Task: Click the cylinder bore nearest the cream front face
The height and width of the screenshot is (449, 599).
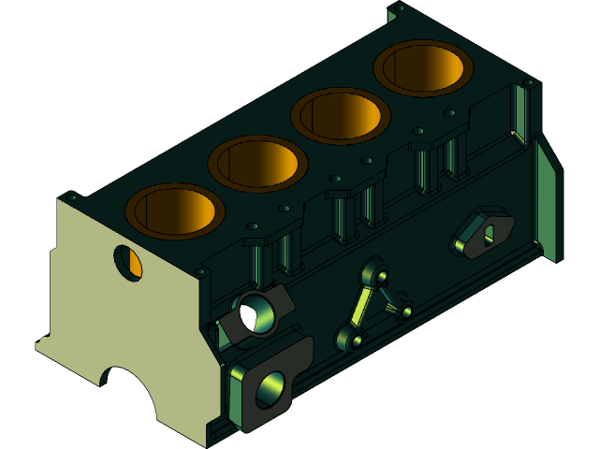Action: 174,210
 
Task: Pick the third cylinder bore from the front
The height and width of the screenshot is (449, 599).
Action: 341,115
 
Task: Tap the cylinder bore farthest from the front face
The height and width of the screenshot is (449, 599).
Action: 423,67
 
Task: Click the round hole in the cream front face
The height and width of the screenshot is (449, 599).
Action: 128,262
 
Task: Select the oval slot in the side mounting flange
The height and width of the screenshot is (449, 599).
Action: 488,234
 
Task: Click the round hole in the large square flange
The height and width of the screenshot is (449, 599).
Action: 270,388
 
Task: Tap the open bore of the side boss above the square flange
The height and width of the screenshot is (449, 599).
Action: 255,313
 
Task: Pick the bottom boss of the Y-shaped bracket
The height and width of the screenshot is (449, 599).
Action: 349,337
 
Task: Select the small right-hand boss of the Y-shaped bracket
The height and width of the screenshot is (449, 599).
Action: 405,309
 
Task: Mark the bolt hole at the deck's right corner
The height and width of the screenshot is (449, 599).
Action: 530,83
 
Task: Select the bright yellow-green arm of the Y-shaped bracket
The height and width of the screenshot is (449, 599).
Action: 359,305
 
